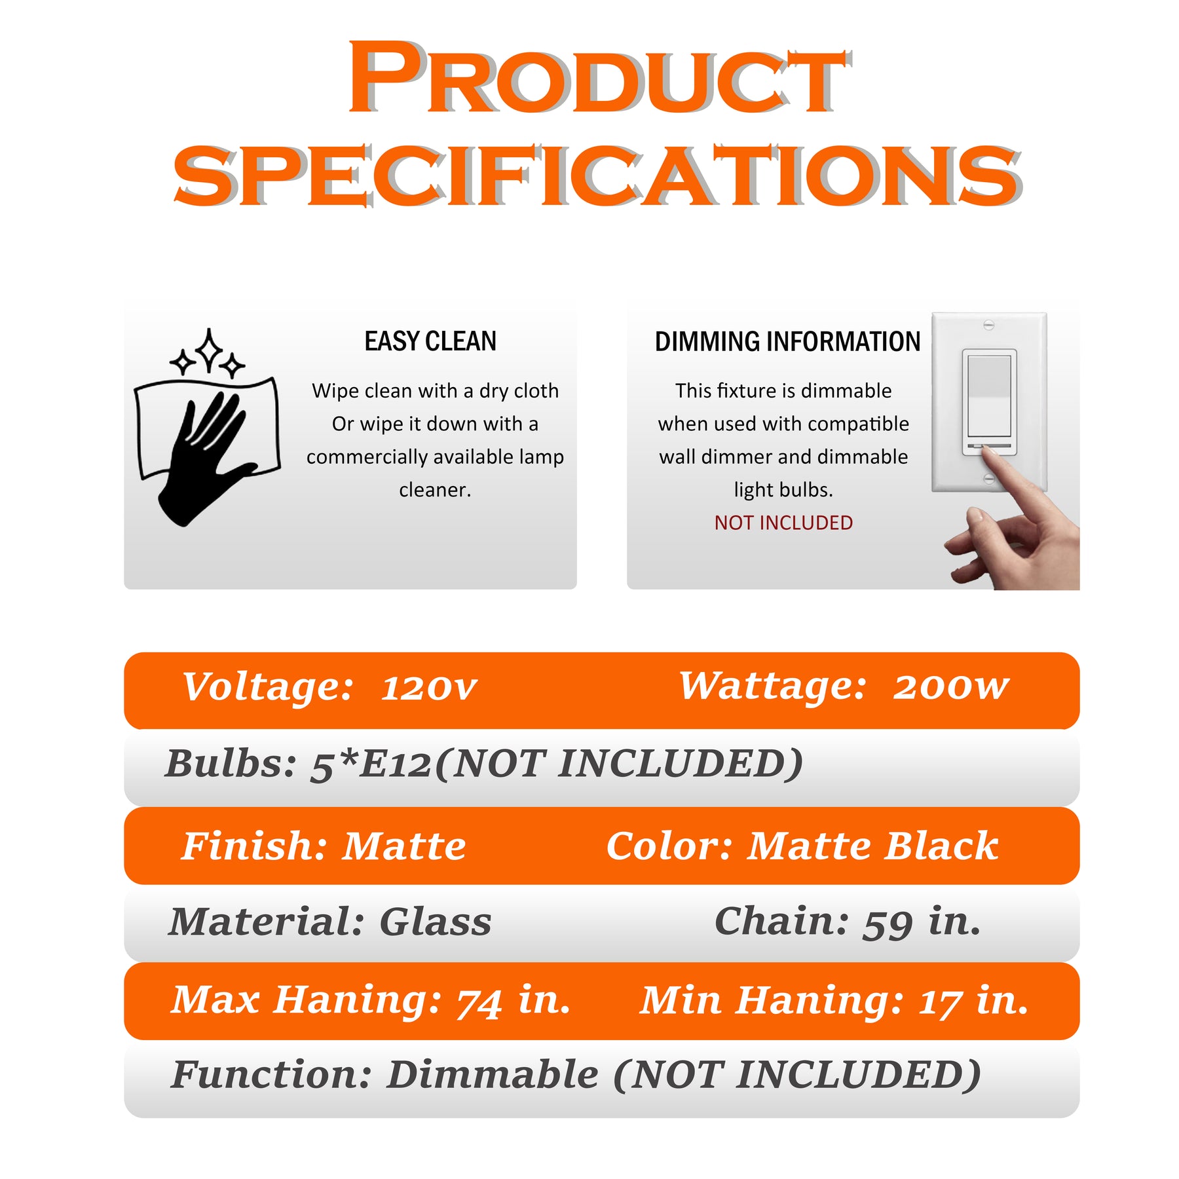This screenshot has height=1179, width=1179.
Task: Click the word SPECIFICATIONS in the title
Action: click(597, 176)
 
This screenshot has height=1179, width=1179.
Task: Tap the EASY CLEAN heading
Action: click(430, 341)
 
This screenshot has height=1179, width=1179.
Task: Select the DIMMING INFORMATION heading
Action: click(787, 341)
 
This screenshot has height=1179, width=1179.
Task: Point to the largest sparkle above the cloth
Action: click(209, 351)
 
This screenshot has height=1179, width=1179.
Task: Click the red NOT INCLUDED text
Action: click(783, 523)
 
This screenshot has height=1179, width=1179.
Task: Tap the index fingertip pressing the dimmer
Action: click(990, 457)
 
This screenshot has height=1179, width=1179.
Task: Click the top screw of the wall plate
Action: click(989, 325)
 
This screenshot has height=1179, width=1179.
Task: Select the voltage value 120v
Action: click(429, 688)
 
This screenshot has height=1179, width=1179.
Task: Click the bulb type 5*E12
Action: click(371, 764)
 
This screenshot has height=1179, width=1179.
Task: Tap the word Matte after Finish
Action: click(405, 846)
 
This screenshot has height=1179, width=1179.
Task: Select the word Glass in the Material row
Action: click(436, 922)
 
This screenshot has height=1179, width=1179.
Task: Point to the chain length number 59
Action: click(888, 924)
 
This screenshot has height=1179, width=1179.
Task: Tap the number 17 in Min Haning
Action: click(941, 1002)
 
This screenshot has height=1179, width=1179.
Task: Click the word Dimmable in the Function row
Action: click(493, 1076)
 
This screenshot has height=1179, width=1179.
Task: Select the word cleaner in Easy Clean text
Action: click(435, 490)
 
